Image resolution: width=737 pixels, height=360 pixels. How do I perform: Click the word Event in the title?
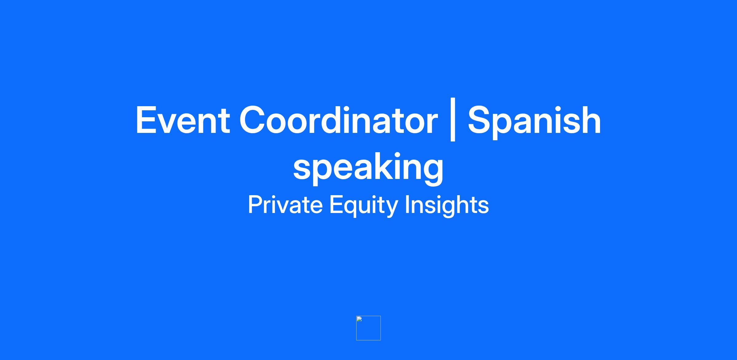pyautogui.click(x=183, y=120)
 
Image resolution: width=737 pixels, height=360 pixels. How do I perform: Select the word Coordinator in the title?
pyautogui.click(x=339, y=120)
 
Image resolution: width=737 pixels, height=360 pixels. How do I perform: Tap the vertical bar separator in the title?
pyautogui.click(x=453, y=119)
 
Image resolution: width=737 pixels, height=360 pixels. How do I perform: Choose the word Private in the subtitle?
pyautogui.click(x=285, y=204)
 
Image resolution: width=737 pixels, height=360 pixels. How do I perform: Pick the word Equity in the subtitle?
pyautogui.click(x=364, y=206)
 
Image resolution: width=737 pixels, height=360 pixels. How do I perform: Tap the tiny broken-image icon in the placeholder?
pyautogui.click(x=359, y=319)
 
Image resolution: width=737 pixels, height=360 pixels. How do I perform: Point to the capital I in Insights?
pyautogui.click(x=407, y=204)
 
